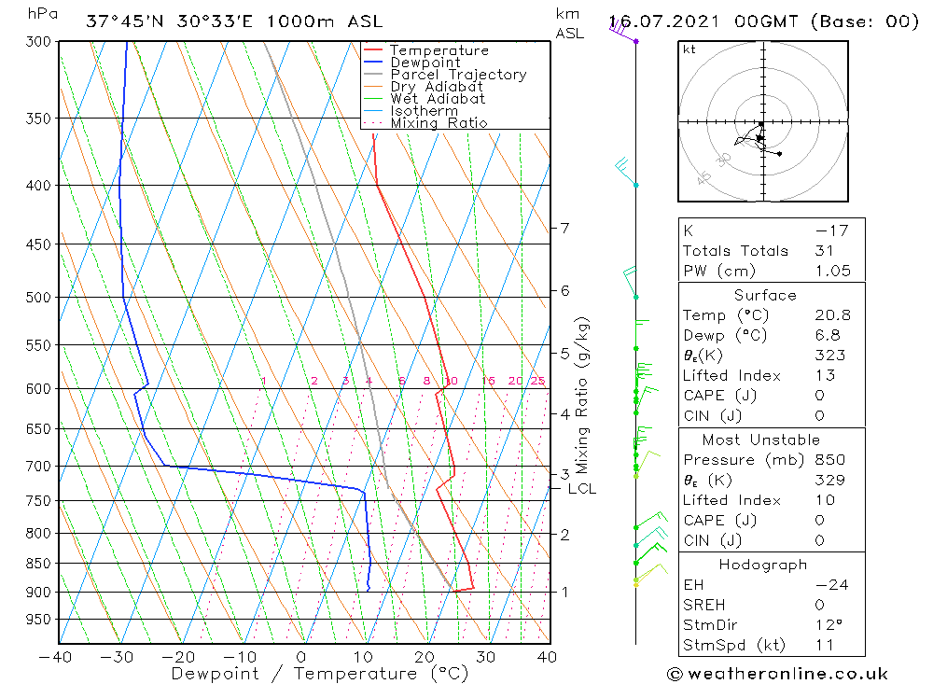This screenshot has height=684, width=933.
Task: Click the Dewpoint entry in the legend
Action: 425,63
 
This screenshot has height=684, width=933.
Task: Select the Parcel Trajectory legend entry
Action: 458,75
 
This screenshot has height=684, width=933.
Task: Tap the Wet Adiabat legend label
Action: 438,99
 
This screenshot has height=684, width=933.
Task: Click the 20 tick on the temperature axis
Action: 425,657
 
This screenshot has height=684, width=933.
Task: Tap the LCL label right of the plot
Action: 581,488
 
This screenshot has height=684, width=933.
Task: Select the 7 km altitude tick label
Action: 565,228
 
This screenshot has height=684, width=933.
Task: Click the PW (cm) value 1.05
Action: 832,271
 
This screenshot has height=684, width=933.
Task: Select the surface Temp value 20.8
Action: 832,315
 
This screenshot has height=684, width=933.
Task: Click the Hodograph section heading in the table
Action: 763,565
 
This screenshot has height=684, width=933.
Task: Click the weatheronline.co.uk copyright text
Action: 777,673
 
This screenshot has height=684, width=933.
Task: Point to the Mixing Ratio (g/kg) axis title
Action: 583,395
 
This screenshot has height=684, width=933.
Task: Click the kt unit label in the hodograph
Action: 689,49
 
